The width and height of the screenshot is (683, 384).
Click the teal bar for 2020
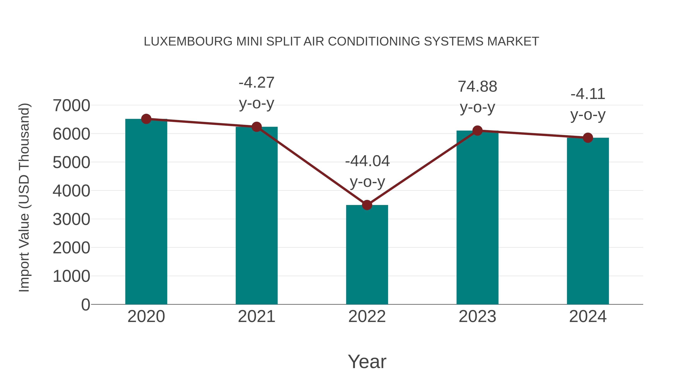point(146,212)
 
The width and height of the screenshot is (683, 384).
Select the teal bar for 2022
point(367,254)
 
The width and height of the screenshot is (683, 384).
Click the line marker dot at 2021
point(256,127)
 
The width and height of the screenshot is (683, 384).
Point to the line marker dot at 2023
point(477,131)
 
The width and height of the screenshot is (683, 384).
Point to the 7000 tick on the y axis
point(71,105)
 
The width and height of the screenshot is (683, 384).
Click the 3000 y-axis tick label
point(71,219)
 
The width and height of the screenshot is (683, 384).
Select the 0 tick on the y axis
point(85,305)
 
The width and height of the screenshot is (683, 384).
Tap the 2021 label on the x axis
point(256,316)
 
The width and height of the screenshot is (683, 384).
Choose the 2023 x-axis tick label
point(477,316)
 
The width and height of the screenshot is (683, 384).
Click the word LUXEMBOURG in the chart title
point(188,42)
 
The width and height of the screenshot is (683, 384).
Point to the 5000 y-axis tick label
point(71,163)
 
